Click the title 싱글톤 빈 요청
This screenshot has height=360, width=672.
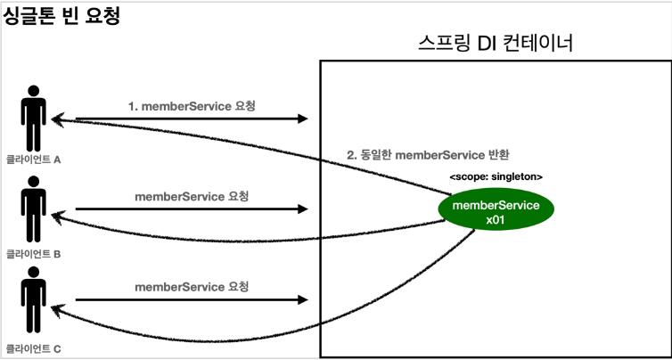pos(61,16)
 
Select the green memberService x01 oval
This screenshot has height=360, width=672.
pos(496,212)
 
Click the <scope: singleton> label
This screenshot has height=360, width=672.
pos(496,176)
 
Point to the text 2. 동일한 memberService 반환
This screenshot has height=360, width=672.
pos(428,154)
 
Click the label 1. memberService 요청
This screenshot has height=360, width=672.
pos(192,106)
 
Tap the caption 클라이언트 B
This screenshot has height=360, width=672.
pos(33,254)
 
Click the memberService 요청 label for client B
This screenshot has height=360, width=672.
pos(192,196)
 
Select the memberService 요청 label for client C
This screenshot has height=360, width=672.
pos(192,287)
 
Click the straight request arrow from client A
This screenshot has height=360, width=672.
pos(192,119)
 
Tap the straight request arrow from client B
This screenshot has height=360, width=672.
pos(192,209)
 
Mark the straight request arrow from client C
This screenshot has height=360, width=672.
pos(192,300)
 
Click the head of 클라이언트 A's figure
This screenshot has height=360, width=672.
pos(34,91)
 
